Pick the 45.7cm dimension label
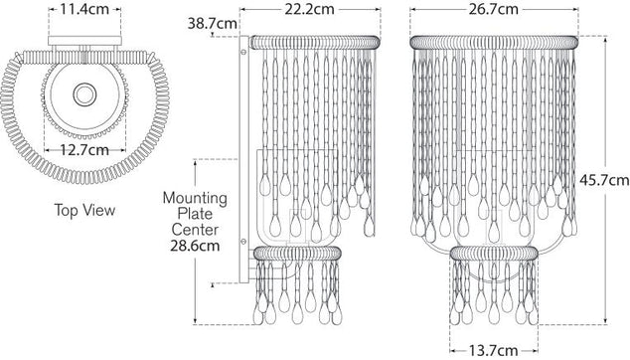[604, 180]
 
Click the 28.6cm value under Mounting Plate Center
[195, 245]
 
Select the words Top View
[84, 211]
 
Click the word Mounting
[195, 199]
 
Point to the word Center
[195, 230]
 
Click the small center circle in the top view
[84, 94]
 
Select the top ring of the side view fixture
[314, 42]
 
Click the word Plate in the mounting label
[195, 215]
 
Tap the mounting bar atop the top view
[84, 42]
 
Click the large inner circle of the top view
[84, 94]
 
